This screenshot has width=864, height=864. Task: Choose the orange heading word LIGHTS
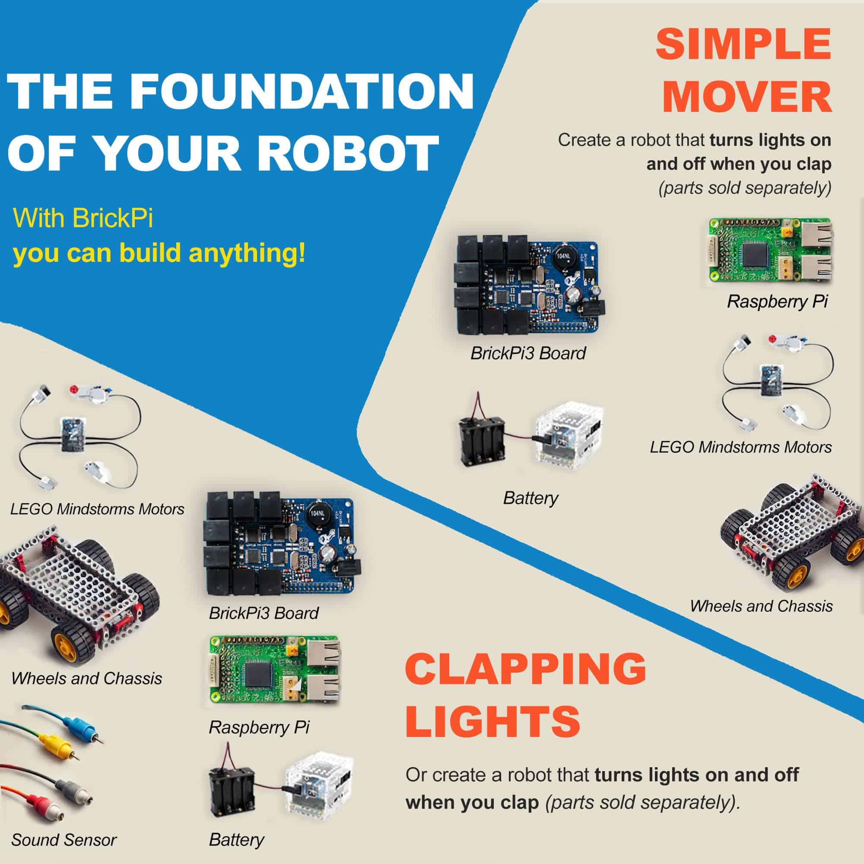(493, 721)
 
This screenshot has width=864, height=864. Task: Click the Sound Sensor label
(64, 840)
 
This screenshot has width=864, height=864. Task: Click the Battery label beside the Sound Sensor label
(237, 840)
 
